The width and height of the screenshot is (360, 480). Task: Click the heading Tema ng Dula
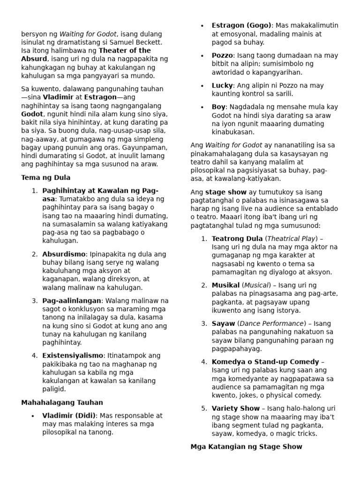[x=46, y=178]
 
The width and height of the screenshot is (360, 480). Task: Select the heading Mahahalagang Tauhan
[x=62, y=402]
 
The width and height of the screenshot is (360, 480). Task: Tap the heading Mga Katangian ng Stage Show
[x=246, y=447]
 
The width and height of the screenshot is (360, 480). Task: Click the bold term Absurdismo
[x=64, y=254]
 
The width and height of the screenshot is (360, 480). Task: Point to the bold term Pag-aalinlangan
[x=72, y=300]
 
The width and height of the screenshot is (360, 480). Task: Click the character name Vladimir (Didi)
[x=69, y=415]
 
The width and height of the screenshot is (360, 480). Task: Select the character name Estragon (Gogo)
[x=241, y=25]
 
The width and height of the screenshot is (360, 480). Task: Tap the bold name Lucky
[x=222, y=85]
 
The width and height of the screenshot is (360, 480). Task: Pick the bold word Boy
[x=218, y=107]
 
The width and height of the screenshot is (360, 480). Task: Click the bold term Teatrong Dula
[x=237, y=239]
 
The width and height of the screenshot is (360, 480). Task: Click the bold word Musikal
[x=226, y=285]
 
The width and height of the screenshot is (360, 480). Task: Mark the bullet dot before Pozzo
[x=202, y=56]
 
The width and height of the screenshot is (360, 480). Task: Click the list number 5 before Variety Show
[x=204, y=408]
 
